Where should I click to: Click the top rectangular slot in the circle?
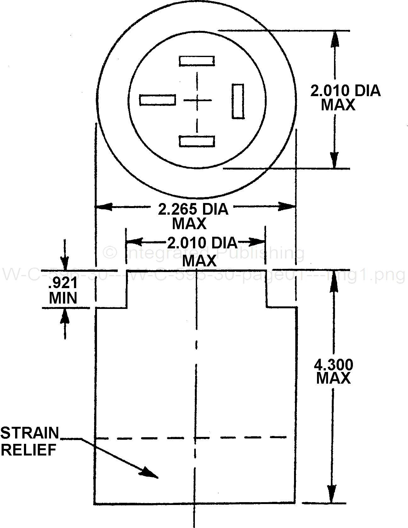pos(197,61)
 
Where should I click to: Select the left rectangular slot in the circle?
pos(157,100)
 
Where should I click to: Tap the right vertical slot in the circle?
pos(238,101)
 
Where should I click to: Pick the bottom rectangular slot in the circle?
pos(197,141)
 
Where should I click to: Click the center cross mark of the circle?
pos(197,101)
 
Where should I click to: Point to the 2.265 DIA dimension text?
pos(193,209)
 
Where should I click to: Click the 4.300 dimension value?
pos(334,365)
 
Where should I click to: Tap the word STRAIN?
pos(30,433)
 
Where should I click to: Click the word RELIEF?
pos(28,450)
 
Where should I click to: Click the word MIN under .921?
pos(63,298)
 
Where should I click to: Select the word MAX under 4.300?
pos(333,378)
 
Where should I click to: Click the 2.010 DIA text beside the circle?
pos(345,91)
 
